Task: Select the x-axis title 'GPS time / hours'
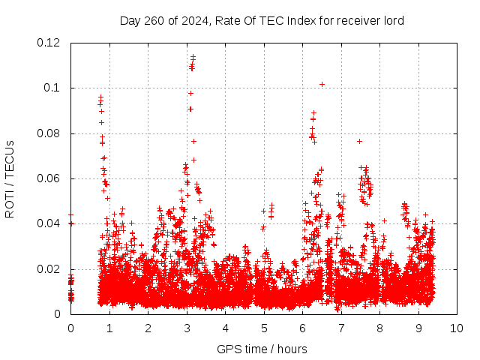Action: (x=262, y=349)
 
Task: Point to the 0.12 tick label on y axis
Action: (x=49, y=43)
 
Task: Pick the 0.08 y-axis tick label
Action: (x=49, y=133)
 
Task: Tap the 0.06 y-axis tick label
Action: (x=49, y=178)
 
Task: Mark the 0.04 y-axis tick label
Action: (x=49, y=223)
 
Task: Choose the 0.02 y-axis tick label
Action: (x=49, y=269)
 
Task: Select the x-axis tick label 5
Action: (x=263, y=328)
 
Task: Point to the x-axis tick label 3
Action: (x=186, y=328)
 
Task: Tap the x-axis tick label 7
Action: (x=340, y=328)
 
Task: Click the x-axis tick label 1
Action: (x=109, y=328)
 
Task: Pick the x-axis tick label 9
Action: (x=418, y=328)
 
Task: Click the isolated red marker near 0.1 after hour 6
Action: (x=322, y=84)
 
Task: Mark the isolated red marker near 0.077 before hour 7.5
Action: (x=359, y=141)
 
